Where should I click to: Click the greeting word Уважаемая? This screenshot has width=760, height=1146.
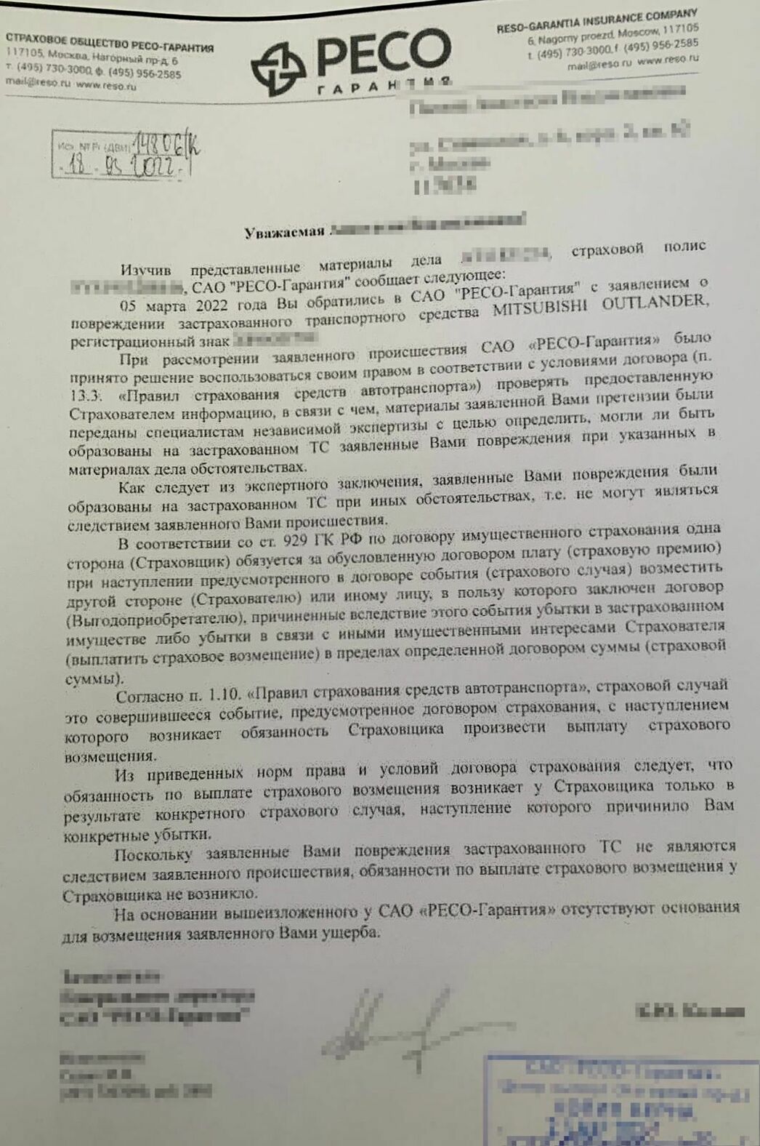point(284,233)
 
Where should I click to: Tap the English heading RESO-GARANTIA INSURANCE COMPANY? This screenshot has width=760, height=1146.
point(597,21)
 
